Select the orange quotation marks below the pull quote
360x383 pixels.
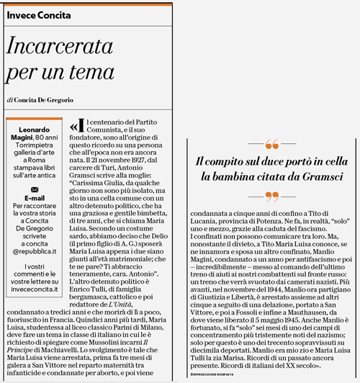click(271, 196)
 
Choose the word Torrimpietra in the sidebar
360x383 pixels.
click(34, 147)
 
